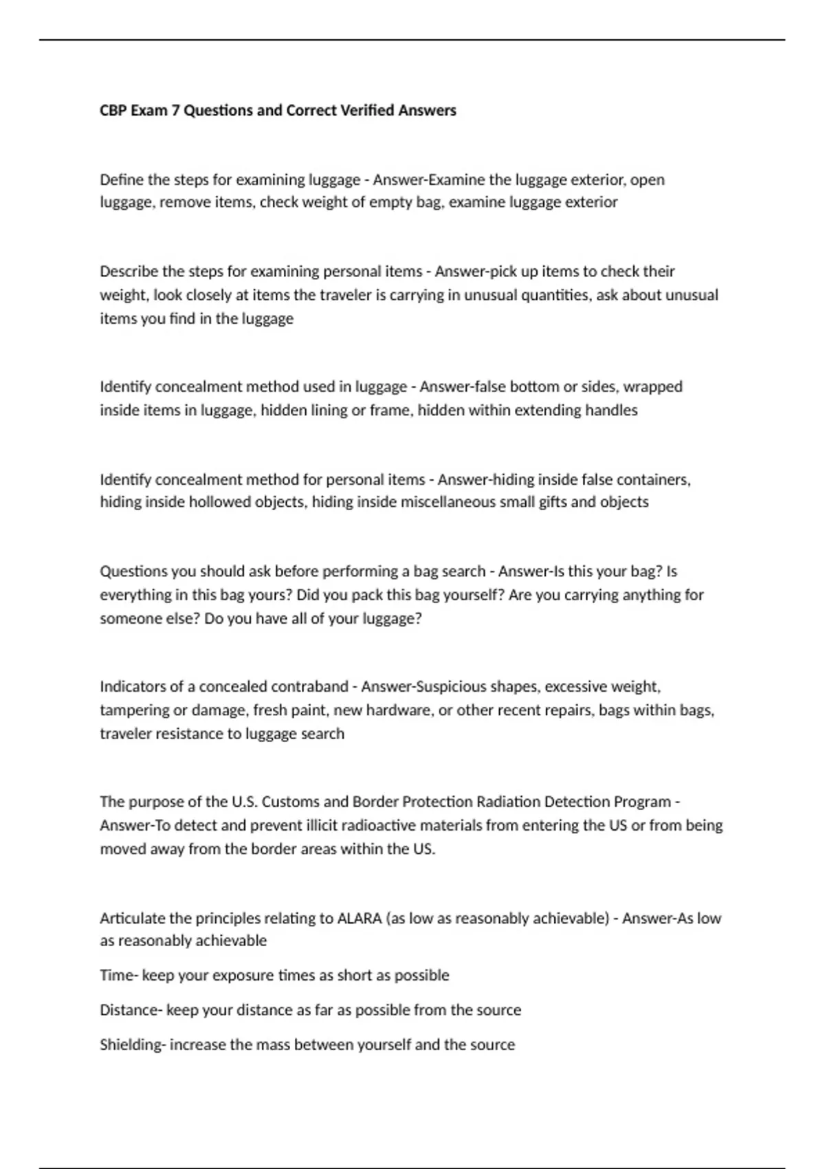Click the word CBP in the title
coord(113,111)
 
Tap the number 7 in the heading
coord(175,111)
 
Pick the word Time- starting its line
coord(118,975)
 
